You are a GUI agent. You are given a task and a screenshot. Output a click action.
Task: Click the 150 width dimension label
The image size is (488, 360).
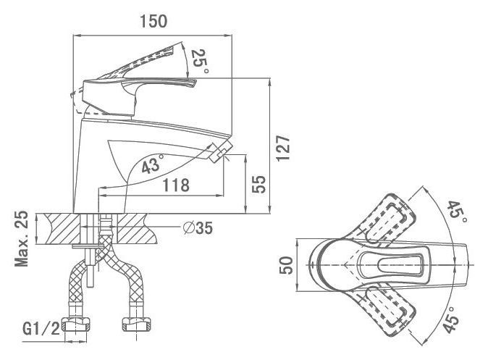(x=153, y=21)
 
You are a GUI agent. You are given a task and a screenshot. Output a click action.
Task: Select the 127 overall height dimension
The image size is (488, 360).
(x=283, y=148)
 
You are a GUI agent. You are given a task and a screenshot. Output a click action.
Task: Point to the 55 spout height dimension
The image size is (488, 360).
(x=259, y=185)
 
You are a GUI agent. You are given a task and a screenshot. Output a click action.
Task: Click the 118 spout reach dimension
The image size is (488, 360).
(x=176, y=185)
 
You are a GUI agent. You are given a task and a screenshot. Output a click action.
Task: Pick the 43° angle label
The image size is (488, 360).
(x=153, y=164)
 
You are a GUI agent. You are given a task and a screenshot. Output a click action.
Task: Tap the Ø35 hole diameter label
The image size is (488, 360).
(x=198, y=228)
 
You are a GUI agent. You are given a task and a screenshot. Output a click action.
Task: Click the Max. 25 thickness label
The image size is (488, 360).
(x=22, y=239)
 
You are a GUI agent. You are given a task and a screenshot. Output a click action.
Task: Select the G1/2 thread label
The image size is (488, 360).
(x=41, y=328)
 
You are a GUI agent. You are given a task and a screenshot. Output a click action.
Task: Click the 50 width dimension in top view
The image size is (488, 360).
(x=286, y=265)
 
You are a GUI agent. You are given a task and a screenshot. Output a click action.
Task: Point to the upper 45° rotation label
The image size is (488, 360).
(x=457, y=212)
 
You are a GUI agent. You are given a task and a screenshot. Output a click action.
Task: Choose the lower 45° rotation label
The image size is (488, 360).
(x=451, y=319)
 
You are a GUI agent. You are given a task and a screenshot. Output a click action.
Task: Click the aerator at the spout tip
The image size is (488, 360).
(x=219, y=151)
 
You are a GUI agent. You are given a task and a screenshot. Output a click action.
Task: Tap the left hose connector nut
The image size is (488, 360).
(x=76, y=325)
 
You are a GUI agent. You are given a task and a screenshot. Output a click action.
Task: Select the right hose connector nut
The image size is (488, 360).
(x=137, y=325)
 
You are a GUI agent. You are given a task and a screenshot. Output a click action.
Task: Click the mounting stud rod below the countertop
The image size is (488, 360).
(x=90, y=267)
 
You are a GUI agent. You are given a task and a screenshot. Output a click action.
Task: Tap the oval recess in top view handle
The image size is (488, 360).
(x=400, y=264)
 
